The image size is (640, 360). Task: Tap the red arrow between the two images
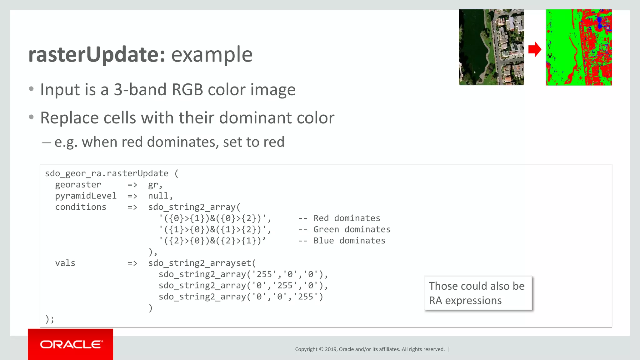tap(535, 49)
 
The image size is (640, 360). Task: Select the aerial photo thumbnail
tap(491, 47)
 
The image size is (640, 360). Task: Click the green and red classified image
tap(579, 47)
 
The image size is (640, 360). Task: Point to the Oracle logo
tap(71, 344)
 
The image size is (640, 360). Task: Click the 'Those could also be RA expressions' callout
tap(477, 293)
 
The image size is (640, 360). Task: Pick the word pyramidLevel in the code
tap(86, 196)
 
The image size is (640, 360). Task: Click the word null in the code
tap(158, 196)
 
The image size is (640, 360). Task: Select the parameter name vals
tap(65, 263)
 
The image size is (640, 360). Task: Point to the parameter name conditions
tap(81, 207)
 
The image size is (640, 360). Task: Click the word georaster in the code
tap(78, 185)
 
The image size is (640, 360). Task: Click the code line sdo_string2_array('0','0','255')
tap(241, 297)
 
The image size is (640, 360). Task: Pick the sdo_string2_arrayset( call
tap(202, 263)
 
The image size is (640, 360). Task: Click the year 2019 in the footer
tap(331, 349)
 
